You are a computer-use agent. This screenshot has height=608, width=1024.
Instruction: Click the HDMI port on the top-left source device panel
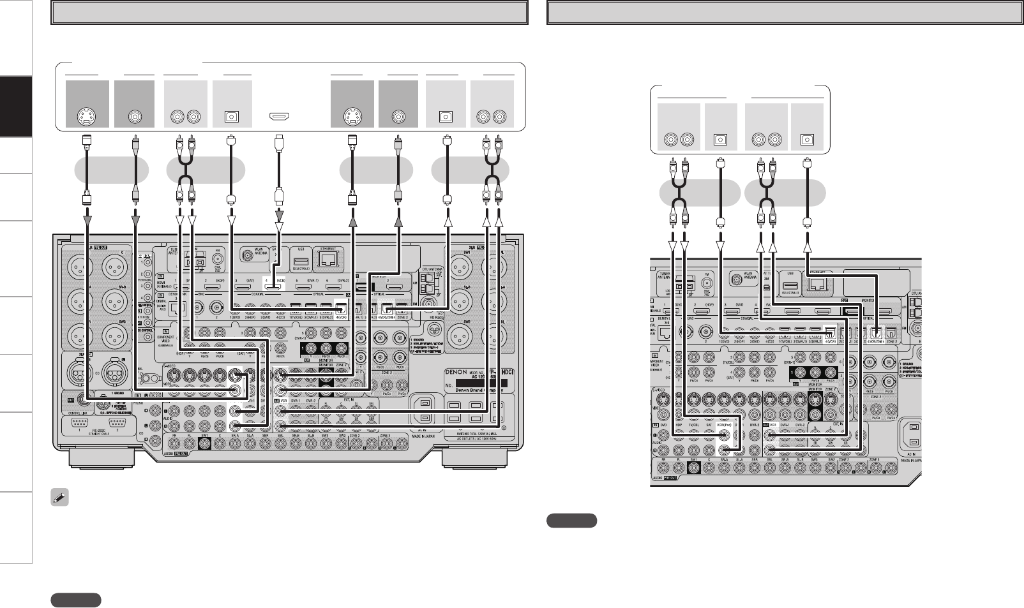(278, 117)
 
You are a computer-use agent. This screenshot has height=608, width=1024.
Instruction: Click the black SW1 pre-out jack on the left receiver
(204, 445)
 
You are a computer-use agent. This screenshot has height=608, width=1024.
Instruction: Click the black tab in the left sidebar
(15, 107)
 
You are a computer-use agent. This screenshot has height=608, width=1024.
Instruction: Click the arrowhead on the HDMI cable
(278, 225)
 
